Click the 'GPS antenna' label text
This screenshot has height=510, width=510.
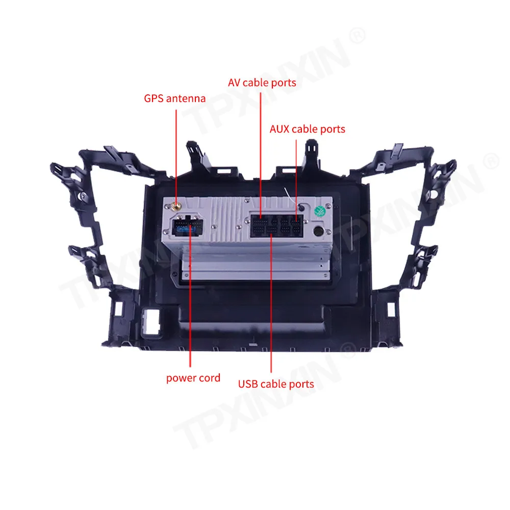[x=174, y=98]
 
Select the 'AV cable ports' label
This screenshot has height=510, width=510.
[x=262, y=82]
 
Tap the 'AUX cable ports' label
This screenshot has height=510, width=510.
[x=307, y=129]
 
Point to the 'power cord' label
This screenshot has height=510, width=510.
[x=193, y=378]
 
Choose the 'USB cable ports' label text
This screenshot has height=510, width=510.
[x=276, y=384]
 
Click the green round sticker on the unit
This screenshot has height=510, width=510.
[x=319, y=210]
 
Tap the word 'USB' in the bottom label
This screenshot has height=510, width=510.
[x=248, y=384]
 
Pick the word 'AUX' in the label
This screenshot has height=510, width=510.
[x=280, y=129]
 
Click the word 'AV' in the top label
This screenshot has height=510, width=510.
[x=234, y=82]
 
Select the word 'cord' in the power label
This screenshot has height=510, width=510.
[x=209, y=378]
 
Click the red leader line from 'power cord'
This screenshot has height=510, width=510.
[x=189, y=306]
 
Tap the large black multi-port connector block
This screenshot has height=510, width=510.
[x=276, y=226]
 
